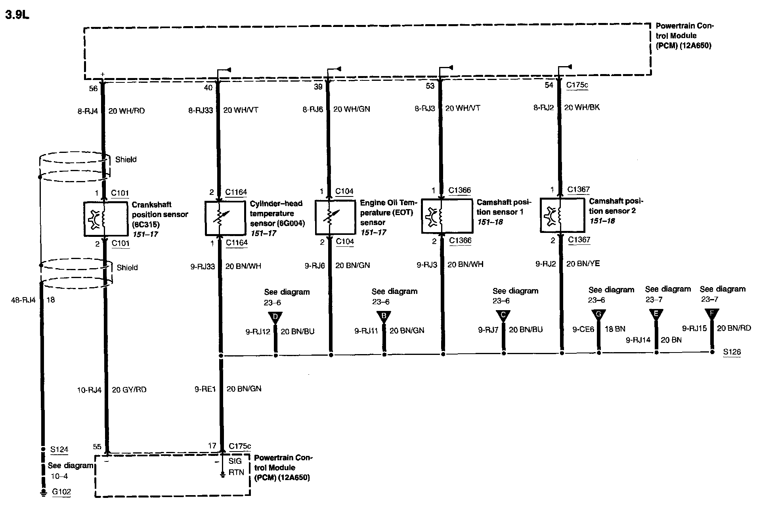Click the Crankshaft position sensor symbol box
(104, 219)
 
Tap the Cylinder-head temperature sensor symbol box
(225, 218)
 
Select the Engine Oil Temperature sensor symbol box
(335, 217)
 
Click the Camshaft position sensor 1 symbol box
(447, 215)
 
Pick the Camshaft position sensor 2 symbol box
(562, 215)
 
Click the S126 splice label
(732, 352)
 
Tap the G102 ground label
(61, 492)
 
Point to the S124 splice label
(59, 450)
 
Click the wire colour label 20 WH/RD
(126, 111)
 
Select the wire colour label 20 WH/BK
(581, 107)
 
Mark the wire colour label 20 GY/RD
(129, 390)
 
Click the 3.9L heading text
(17, 15)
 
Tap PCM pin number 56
(93, 88)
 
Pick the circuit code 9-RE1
(205, 389)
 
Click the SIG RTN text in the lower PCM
(236, 467)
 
